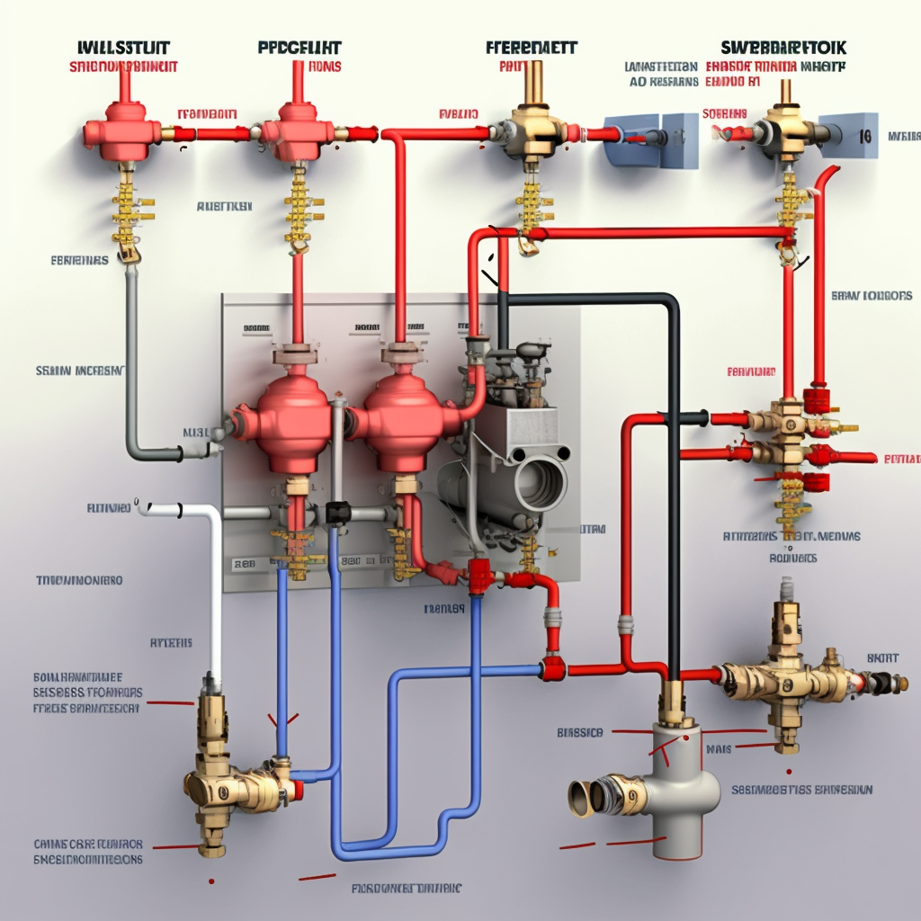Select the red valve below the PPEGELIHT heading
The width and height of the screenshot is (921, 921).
coord(293,128)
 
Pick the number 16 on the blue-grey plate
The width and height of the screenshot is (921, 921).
coord(865,138)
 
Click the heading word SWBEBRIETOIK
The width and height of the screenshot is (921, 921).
coord(783,48)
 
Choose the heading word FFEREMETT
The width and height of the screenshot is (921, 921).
coord(532,48)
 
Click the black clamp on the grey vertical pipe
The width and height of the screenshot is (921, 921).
coord(338,512)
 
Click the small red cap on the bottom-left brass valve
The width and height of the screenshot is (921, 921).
coord(298,790)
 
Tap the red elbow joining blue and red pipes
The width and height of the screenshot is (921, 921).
coord(552,667)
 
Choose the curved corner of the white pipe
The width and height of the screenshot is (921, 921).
coord(213,514)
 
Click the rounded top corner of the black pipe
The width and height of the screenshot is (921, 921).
coord(669,301)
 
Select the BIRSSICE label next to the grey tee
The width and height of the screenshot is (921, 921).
coord(579,732)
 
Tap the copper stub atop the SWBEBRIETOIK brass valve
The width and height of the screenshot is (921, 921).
coord(784,91)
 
